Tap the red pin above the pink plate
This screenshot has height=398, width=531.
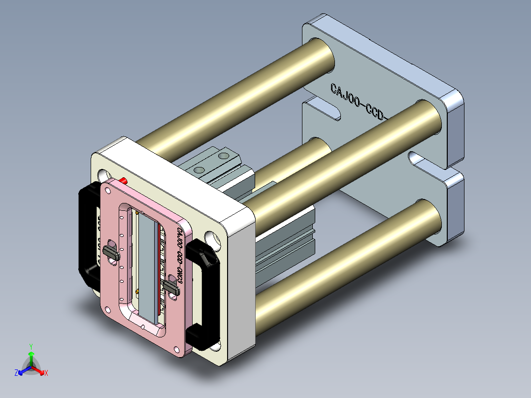point(123,180)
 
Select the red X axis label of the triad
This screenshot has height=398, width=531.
point(46,373)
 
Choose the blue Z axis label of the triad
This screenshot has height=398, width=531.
point(16,373)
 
